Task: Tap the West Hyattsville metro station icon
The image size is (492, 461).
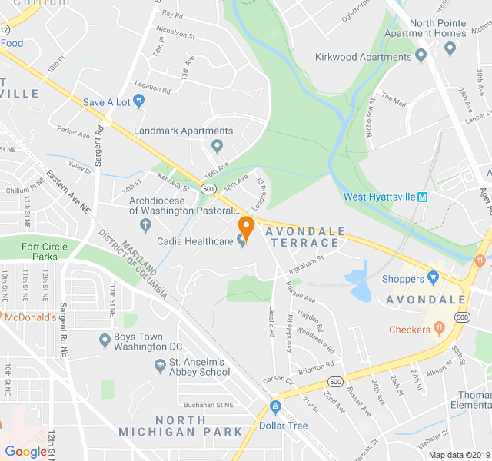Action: [421, 197]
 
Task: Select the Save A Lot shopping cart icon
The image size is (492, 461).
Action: [138, 101]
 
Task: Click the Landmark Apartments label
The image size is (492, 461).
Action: [183, 131]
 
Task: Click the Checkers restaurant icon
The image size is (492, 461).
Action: [440, 329]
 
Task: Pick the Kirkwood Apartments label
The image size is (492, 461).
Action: [363, 57]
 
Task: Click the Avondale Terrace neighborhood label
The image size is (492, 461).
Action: [302, 235]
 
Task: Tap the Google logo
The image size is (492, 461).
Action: [25, 452]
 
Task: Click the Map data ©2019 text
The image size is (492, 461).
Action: [457, 454]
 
